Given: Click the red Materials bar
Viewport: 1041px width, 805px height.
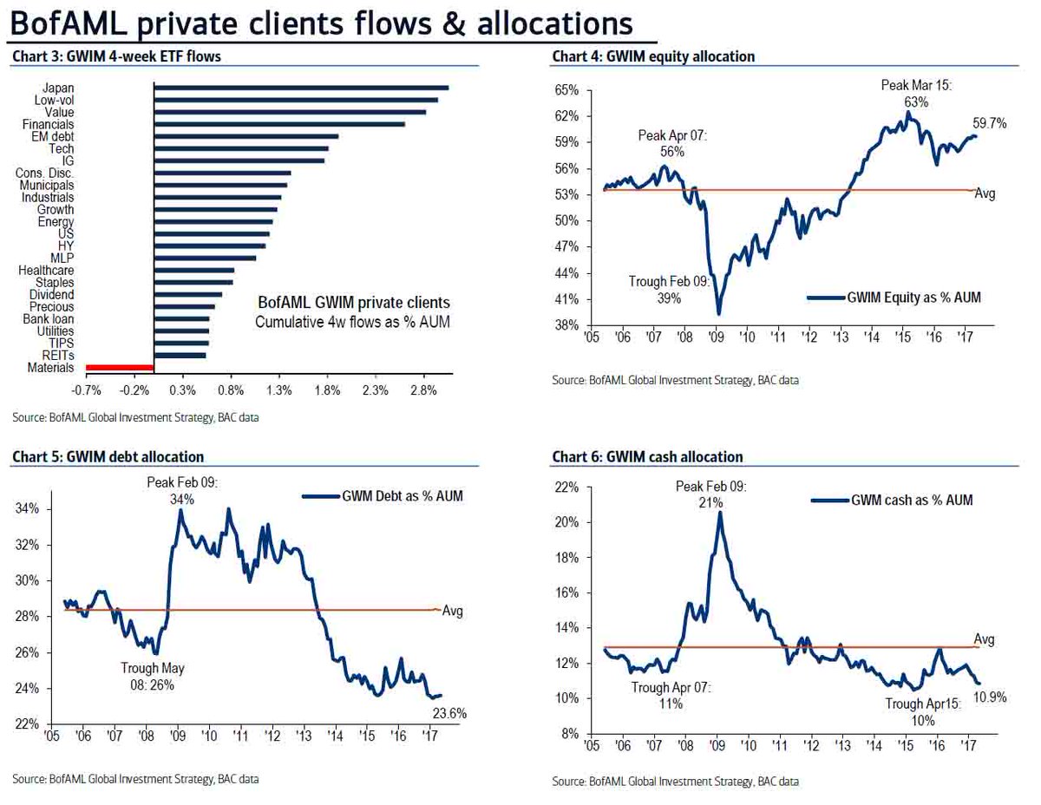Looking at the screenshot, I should coord(120,368).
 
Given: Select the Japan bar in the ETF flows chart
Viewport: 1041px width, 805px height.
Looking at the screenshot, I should coord(301,88).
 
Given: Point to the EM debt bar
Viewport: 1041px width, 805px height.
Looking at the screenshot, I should coord(246,136).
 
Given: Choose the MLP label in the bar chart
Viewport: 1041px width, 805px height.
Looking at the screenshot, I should coord(62,258).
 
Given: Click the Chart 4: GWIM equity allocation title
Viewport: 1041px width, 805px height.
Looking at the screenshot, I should coord(653,57).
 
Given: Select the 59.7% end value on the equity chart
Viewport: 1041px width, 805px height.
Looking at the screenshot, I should coord(989,124).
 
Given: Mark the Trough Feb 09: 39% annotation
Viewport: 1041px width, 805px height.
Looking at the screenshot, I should coord(668,290).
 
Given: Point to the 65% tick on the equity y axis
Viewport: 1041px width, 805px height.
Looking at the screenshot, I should coord(566,90).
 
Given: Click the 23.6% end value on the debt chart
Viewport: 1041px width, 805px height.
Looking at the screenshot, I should coord(450,714).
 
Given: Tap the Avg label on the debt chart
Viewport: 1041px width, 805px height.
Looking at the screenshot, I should coord(453,611).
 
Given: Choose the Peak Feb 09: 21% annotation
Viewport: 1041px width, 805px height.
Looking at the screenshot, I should coord(710,494).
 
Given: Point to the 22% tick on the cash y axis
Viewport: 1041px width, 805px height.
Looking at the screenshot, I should coord(566,488).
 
